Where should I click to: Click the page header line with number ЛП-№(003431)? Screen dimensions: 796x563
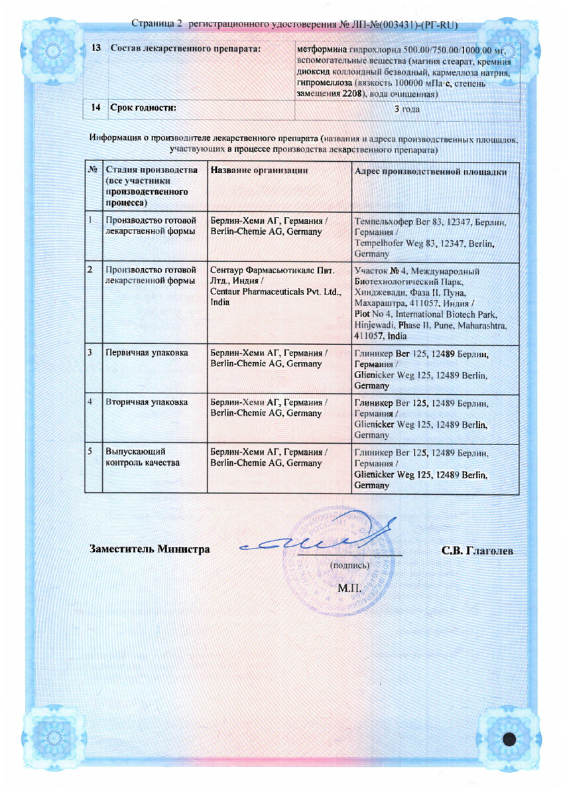tap(294, 25)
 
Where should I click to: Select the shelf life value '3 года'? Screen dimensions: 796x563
tap(407, 109)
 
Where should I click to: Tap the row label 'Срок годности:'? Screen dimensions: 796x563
tap(143, 107)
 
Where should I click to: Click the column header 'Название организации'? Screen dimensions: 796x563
tap(259, 170)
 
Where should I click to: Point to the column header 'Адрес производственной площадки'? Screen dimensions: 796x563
tap(432, 171)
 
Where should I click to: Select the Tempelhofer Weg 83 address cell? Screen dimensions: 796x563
tap(432, 237)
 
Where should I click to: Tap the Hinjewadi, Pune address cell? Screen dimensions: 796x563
tap(432, 303)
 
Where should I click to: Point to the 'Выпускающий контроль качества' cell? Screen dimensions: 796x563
tap(142, 457)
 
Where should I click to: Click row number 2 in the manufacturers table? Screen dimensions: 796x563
tap(90, 271)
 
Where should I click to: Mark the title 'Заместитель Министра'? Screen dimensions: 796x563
tap(150, 549)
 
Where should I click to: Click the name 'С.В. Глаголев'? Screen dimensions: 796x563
tap(477, 551)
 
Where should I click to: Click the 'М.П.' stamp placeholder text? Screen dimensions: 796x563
tap(349, 588)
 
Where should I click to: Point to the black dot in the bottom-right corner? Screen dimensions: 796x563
tap(509, 738)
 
